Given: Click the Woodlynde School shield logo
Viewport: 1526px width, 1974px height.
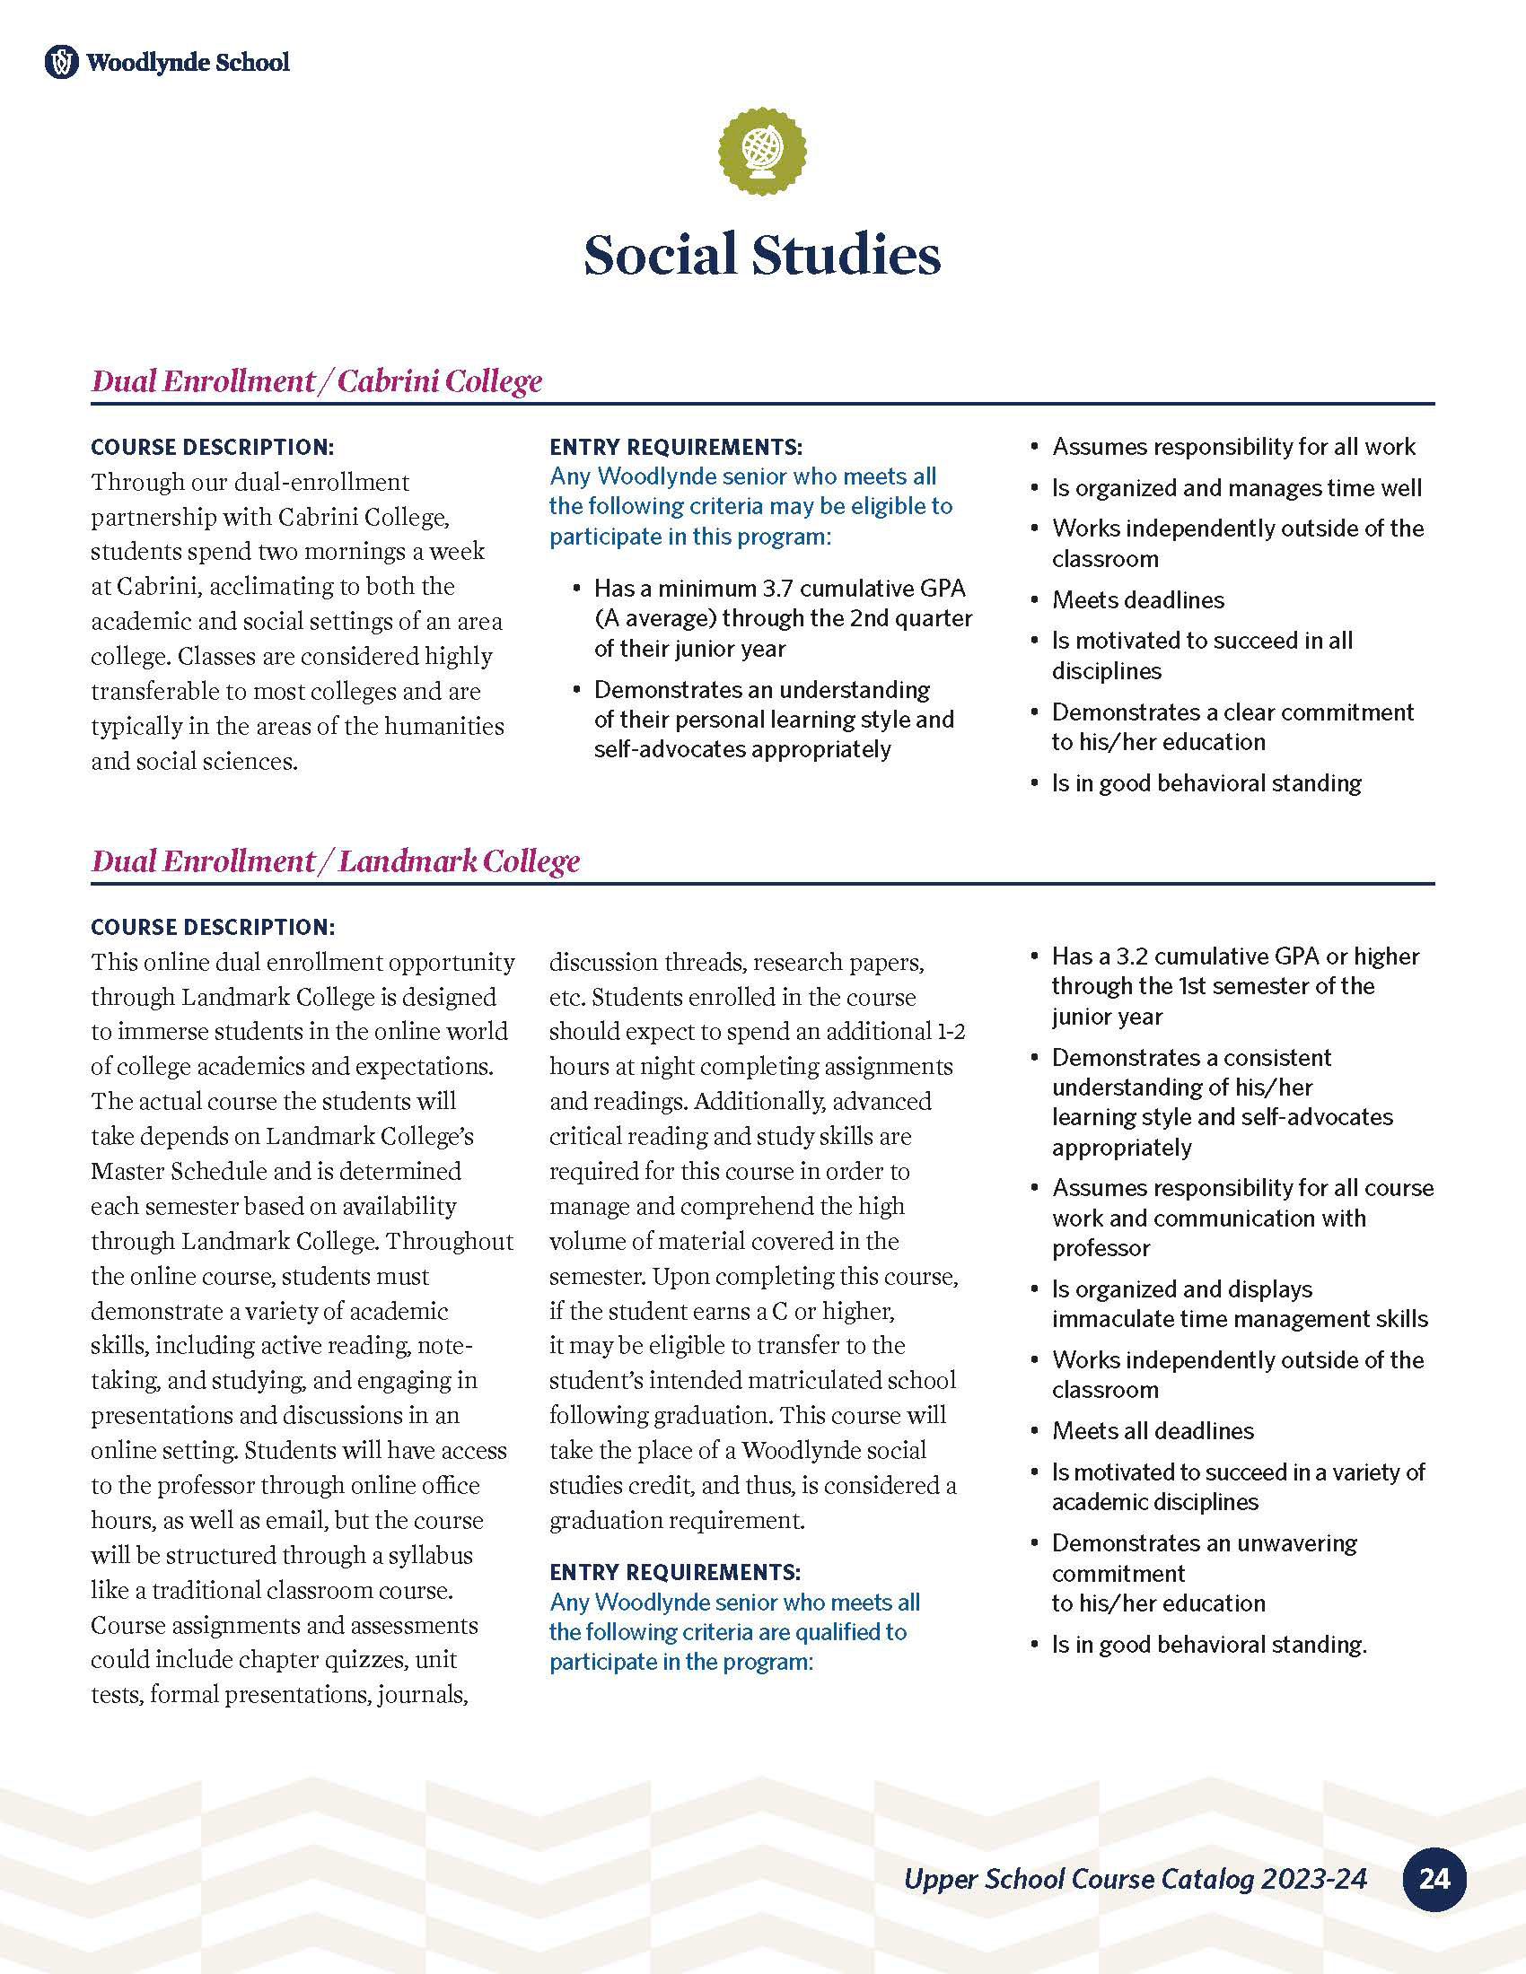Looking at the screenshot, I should tap(61, 63).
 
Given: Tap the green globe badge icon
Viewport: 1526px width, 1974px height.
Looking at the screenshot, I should tap(762, 150).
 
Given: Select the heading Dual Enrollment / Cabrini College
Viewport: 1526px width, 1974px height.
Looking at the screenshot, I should tap(316, 381).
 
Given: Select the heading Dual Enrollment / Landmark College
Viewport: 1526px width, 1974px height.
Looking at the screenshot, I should tap(336, 861).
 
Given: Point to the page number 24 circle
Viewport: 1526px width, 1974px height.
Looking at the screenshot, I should tap(1434, 1879).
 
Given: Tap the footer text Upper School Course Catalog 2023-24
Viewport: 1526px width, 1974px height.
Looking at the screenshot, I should tap(1136, 1879).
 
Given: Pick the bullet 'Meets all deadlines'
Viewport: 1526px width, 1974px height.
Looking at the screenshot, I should tap(1153, 1431).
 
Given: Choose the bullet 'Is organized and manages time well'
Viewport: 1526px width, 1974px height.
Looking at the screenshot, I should tap(1236, 488).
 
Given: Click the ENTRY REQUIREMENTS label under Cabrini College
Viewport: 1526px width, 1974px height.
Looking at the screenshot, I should tap(675, 448).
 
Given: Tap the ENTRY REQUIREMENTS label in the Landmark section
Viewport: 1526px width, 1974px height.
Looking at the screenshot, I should tap(675, 1572).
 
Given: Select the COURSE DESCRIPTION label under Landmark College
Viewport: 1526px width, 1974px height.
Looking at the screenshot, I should tap(213, 928).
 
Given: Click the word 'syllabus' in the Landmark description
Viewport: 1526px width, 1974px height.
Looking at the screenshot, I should tap(430, 1556).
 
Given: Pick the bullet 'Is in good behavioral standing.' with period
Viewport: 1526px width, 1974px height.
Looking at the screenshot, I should tap(1209, 1644).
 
